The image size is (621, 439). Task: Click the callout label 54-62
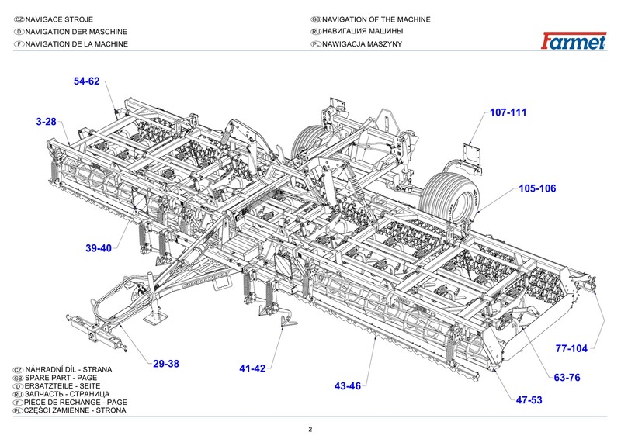(x=87, y=81)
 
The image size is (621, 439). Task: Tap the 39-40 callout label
(x=99, y=248)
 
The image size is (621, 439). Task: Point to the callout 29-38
(x=166, y=364)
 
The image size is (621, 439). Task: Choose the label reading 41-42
(x=252, y=368)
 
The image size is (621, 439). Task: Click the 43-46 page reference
(x=348, y=385)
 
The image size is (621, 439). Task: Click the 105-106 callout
(x=537, y=188)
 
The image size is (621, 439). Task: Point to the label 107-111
(x=508, y=112)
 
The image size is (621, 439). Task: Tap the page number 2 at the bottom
(x=310, y=430)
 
